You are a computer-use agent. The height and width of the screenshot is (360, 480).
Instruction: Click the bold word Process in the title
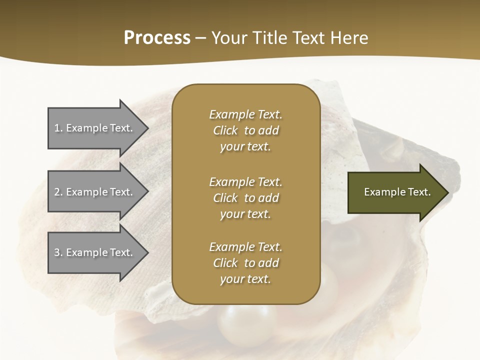coord(157,38)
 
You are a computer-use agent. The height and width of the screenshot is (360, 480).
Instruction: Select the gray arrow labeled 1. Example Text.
coord(95,128)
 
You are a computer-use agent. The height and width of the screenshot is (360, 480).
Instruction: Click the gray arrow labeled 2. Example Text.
coord(95,192)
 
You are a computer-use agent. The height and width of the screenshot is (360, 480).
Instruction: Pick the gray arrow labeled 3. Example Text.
coord(95,252)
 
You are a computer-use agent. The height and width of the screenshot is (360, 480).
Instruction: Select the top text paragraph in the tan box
coord(245,130)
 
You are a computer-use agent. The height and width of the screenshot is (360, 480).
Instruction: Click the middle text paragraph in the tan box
coord(245,198)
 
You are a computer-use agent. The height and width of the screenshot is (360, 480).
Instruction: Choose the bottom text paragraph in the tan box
coord(245,263)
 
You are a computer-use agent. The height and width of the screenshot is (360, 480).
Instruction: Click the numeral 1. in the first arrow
coord(58,128)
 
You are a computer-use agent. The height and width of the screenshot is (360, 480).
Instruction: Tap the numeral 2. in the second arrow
coord(58,192)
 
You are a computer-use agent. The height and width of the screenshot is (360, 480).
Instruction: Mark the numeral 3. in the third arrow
coord(58,252)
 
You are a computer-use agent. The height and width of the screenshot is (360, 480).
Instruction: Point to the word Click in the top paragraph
coord(225,130)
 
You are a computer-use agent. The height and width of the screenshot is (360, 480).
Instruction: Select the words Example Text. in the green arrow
coord(397,192)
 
